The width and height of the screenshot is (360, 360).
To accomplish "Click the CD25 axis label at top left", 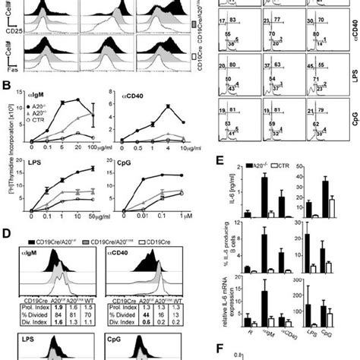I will point(8,30).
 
